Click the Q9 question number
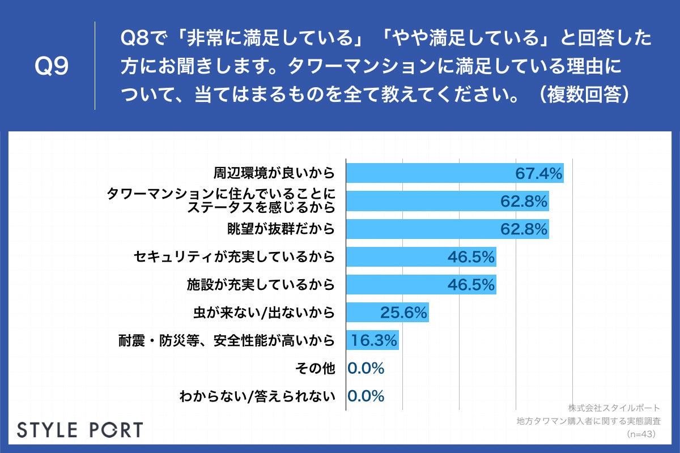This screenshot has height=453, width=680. click(x=52, y=67)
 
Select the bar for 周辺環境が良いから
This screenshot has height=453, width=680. click(x=431, y=173)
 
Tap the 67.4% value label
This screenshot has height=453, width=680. click(x=538, y=173)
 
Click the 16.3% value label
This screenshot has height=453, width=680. click(x=374, y=340)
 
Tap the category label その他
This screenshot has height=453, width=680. click(x=316, y=369)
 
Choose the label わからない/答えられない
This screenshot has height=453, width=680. click(x=257, y=396)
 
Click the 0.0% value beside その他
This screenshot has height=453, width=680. click(x=366, y=369)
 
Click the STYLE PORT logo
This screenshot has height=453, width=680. click(x=80, y=429)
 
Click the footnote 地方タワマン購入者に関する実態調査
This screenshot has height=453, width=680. click(x=589, y=421)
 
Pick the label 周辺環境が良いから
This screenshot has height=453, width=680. click(x=274, y=173)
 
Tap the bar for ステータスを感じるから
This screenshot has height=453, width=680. click(x=431, y=201)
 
